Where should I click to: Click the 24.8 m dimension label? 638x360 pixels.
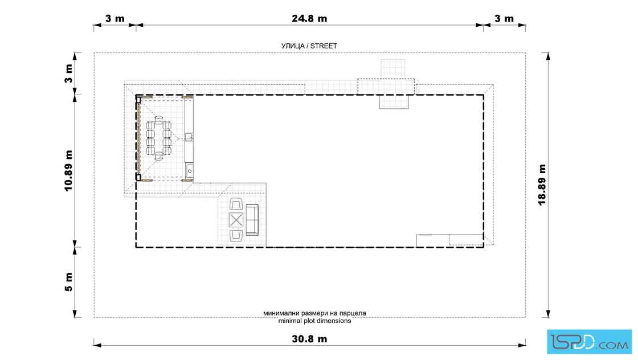tap(309, 18)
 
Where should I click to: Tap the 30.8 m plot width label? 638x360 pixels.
tap(309, 339)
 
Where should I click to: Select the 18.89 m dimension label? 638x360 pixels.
tap(542, 185)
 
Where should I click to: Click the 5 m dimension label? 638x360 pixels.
tap(68, 282)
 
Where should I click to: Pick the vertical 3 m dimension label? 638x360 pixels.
tap(68, 73)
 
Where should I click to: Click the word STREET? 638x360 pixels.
tap(324, 46)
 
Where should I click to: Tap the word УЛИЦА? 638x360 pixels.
tap(293, 46)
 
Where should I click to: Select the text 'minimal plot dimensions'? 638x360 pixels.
tap(314, 321)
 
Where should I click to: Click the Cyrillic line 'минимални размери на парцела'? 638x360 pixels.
tap(314, 313)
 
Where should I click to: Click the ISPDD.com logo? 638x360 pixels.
tap(589, 342)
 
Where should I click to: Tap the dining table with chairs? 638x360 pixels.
tap(159, 138)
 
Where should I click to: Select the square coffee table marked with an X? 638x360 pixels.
tap(236, 220)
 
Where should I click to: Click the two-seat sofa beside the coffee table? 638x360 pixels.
tap(252, 220)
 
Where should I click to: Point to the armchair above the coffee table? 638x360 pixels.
tap(236, 204)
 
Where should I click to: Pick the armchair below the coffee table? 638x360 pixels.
tap(236, 236)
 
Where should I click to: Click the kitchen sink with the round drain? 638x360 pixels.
tap(189, 171)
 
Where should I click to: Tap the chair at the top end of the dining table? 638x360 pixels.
tap(159, 120)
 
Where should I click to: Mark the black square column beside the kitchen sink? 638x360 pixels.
tap(138, 177)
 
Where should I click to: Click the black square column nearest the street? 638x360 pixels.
tap(138, 100)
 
